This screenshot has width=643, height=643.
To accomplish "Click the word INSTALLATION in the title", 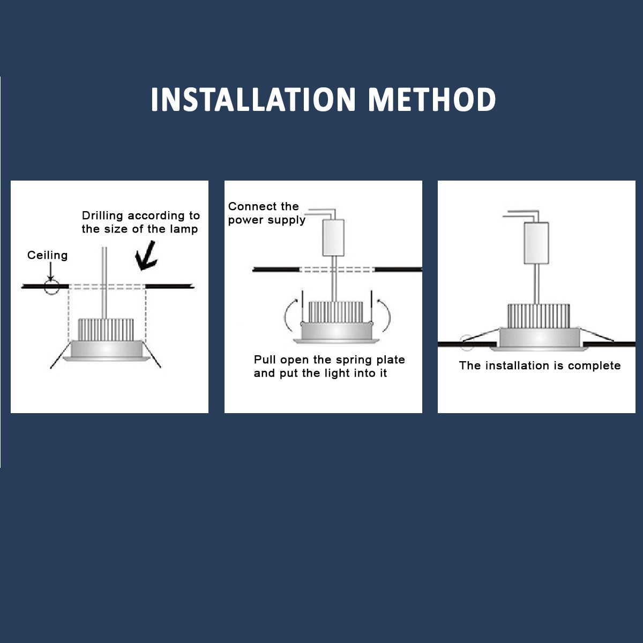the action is click(x=253, y=100).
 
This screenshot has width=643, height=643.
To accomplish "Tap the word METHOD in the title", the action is click(x=432, y=100).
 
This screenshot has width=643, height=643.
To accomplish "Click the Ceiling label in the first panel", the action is click(x=47, y=255).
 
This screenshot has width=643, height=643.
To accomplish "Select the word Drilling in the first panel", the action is click(x=102, y=216).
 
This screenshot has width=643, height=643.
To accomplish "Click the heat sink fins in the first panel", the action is click(x=106, y=330).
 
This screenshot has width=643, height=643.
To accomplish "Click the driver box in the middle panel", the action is click(x=333, y=237).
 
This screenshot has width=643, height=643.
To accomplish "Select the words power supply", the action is click(x=267, y=220).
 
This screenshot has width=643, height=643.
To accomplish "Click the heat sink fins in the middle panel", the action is click(x=335, y=312).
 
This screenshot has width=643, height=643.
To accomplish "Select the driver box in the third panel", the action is click(x=536, y=243).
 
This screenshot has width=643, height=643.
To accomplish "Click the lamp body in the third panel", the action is click(x=539, y=338).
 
